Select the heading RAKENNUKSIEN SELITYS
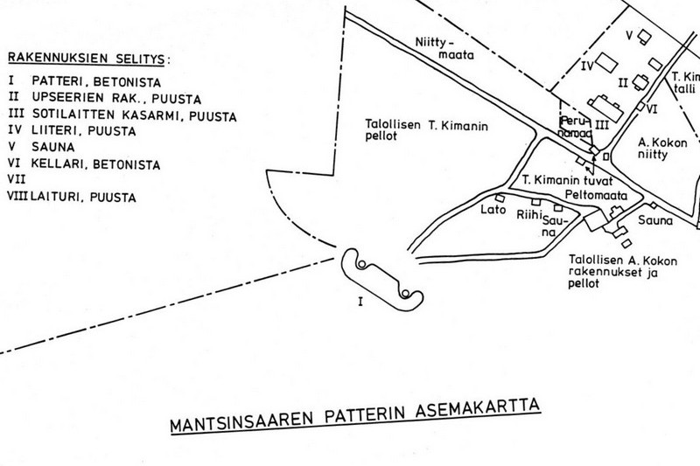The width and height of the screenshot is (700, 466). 89,59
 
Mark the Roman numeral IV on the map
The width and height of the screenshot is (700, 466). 588,65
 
